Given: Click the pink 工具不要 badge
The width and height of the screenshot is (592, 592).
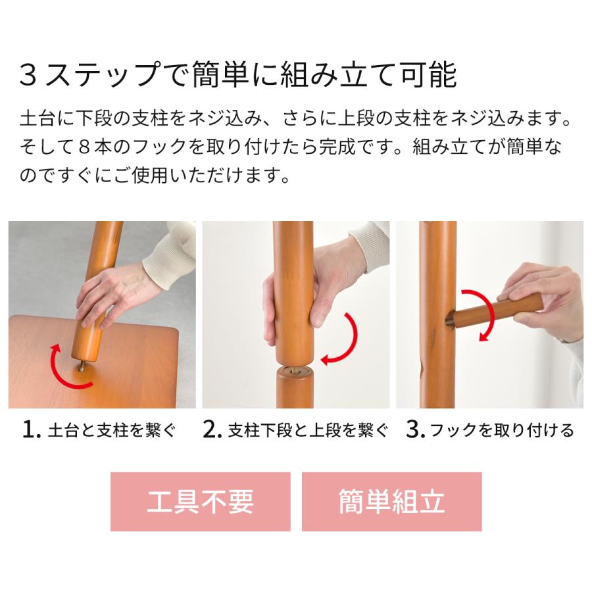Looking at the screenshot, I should (x=200, y=501).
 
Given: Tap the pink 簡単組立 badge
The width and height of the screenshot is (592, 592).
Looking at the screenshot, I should (x=391, y=501).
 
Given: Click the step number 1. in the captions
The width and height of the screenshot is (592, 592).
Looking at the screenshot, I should (x=32, y=430).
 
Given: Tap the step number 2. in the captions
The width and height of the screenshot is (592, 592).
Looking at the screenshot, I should (x=212, y=430).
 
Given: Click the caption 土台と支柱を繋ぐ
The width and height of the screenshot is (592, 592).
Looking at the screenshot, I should (x=112, y=431).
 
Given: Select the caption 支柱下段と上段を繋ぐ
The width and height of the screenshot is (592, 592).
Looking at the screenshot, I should (x=308, y=431).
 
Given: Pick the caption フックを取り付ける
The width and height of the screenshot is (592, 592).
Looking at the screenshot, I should (x=502, y=431).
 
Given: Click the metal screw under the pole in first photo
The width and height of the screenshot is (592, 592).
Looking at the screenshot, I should (x=80, y=364).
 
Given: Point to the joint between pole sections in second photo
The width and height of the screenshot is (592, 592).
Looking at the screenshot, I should (x=293, y=368).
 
